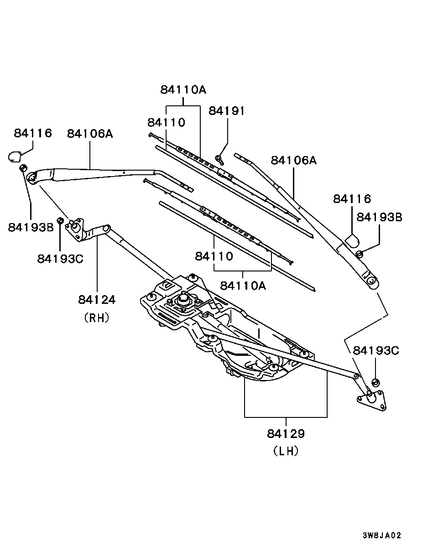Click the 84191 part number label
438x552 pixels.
227,111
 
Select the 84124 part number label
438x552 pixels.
97,300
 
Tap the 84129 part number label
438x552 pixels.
286,433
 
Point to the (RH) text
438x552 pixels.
97,318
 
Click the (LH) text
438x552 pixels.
286,451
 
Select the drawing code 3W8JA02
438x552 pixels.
382,535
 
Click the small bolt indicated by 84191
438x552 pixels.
219,159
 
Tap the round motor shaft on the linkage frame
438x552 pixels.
183,299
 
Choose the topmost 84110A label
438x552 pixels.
183,89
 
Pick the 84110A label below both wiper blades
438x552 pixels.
243,286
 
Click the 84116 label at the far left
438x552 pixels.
33,133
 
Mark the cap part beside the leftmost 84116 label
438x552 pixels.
15,156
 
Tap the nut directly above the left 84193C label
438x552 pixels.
60,221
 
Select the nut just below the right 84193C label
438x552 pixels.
376,381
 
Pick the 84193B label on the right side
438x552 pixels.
379,217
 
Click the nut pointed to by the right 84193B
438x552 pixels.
360,253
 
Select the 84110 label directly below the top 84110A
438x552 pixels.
166,122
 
